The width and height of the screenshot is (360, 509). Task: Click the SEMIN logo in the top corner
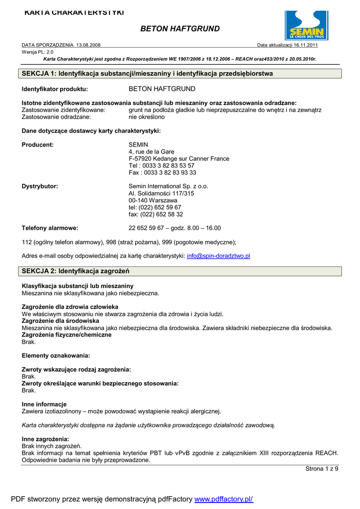click(306, 25)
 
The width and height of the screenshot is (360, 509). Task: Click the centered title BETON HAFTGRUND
click(180, 29)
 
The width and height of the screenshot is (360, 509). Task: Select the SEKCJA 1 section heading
click(147, 74)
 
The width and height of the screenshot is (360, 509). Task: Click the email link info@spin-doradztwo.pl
click(218, 255)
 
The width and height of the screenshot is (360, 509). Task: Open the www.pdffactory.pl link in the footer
click(224, 499)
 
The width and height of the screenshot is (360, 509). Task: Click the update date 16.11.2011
click(303, 45)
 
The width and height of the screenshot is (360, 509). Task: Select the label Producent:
click(38, 145)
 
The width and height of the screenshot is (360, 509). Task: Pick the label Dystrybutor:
click(40, 186)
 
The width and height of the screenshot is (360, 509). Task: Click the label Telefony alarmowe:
click(50, 228)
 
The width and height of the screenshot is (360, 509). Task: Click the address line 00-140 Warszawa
click(153, 200)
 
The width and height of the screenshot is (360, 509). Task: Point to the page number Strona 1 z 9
click(322, 469)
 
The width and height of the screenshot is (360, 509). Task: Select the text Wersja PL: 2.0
click(38, 52)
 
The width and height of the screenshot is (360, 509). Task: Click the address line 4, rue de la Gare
click(152, 152)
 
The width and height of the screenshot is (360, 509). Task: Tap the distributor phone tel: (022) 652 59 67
click(155, 207)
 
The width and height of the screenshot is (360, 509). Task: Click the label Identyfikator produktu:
click(55, 89)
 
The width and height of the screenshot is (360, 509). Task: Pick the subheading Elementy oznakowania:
click(56, 356)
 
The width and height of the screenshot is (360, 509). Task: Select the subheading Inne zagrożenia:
click(45, 439)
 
